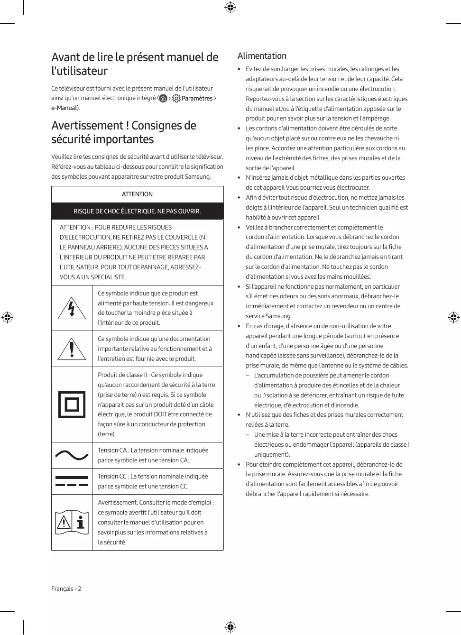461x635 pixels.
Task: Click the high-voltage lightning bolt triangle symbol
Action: [72, 308]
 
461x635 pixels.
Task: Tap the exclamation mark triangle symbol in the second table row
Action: [72, 349]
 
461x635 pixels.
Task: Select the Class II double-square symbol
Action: [72, 405]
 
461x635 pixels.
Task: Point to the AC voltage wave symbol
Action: [72, 455]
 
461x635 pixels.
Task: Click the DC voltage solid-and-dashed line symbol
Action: [72, 481]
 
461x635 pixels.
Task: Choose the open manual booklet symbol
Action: [72, 523]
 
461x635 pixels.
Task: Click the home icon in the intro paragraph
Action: [163, 98]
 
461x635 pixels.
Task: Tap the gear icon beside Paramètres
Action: [176, 98]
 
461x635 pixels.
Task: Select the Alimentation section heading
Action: [262, 56]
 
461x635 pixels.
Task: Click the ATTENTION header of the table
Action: [137, 194]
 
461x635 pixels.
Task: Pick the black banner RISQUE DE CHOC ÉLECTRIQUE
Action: [137, 211]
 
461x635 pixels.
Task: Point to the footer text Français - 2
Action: [66, 589]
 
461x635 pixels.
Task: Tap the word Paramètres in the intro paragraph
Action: [197, 98]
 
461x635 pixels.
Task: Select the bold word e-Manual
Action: [64, 108]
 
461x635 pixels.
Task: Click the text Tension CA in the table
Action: [112, 450]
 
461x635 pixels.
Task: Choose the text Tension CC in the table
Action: [112, 476]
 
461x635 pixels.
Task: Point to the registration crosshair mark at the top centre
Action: [230, 7]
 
